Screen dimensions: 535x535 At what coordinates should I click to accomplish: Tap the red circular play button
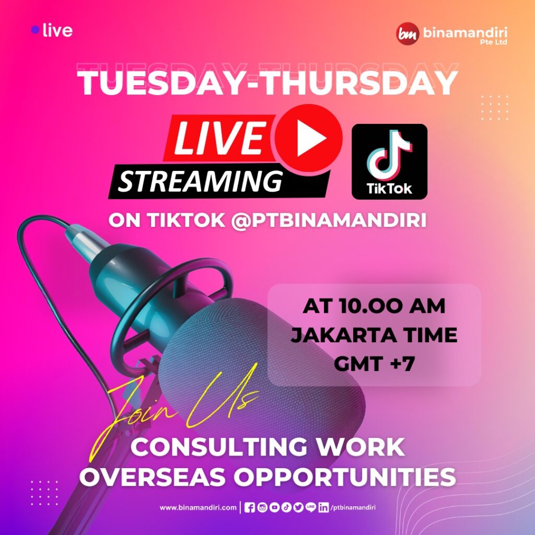point(308,138)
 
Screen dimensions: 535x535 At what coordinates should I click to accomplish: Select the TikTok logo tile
point(389,161)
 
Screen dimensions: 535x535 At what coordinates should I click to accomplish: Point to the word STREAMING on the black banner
point(201,181)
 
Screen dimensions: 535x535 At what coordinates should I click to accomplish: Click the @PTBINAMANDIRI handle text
point(329,220)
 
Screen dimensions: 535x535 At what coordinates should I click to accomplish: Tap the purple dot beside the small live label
point(35,30)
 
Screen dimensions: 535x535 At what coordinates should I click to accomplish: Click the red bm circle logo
point(408,33)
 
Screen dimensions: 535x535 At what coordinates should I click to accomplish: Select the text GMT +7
point(374,364)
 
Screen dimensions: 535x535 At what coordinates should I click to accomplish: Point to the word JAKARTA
point(344,335)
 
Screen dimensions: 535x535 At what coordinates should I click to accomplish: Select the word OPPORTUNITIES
point(345,476)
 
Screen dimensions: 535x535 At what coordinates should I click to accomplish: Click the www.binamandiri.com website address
point(198,507)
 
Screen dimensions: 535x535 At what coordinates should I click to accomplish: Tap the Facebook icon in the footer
point(250,508)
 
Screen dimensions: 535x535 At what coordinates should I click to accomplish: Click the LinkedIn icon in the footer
point(323,508)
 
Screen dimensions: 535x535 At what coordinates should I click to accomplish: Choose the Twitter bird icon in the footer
point(298,507)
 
